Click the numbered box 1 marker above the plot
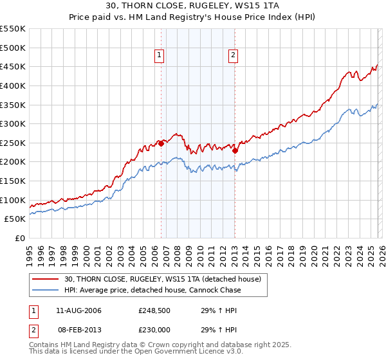click(159, 56)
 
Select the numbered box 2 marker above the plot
click(232, 56)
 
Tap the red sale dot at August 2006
click(161, 143)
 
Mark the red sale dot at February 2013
click(235, 150)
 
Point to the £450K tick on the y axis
click(13, 66)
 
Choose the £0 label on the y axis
click(19, 238)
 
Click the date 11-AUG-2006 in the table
click(78, 310)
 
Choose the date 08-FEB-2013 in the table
click(78, 330)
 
